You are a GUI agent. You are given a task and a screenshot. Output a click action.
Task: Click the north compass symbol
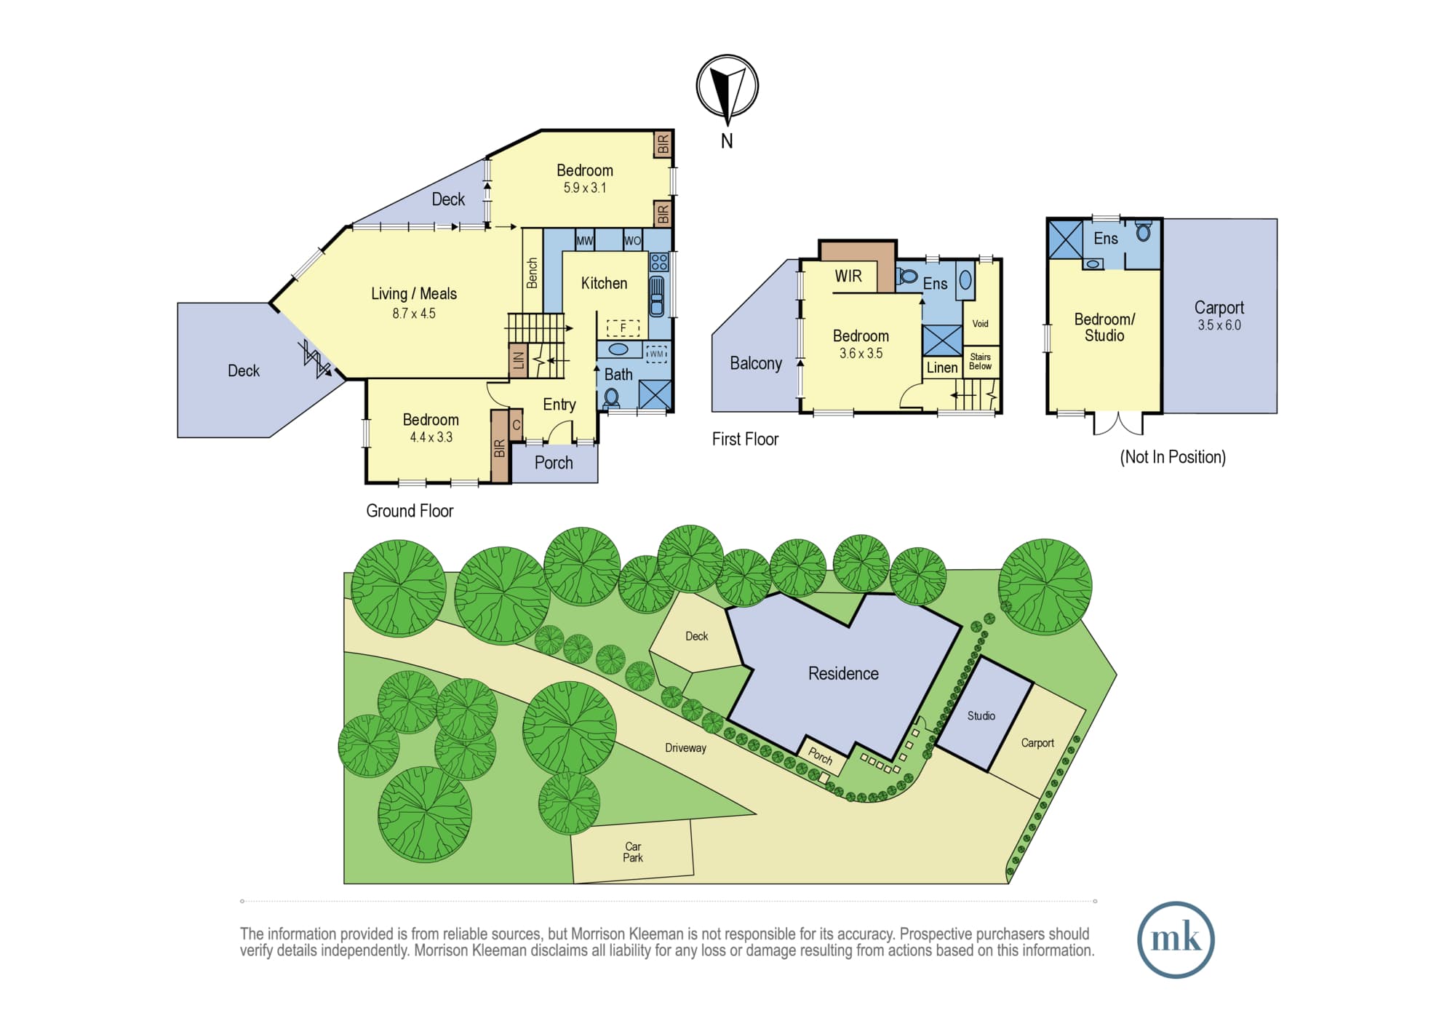click(x=727, y=87)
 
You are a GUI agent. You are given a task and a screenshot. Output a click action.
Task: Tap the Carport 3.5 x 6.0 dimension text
click(x=1219, y=325)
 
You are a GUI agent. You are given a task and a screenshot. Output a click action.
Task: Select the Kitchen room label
click(x=604, y=283)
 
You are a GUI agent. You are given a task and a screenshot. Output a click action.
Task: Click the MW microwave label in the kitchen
click(x=585, y=241)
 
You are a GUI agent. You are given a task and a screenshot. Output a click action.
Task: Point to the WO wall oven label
click(x=633, y=241)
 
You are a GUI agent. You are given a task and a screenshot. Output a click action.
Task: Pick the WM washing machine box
click(x=657, y=354)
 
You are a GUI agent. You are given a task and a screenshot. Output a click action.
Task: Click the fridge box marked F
click(x=623, y=328)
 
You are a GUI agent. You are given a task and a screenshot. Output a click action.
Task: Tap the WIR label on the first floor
click(x=848, y=276)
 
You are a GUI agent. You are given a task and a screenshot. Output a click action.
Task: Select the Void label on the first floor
click(x=981, y=324)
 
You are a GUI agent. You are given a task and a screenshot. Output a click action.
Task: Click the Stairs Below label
click(x=980, y=362)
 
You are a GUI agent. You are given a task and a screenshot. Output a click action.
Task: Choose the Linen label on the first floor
click(x=942, y=368)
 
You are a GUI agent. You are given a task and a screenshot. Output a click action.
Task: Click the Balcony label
click(x=756, y=363)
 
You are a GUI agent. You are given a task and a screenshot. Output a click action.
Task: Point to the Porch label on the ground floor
click(x=554, y=463)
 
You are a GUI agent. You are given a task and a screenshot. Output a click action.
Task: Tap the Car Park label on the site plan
click(x=633, y=852)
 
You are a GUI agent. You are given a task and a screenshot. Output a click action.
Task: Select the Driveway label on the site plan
click(x=685, y=748)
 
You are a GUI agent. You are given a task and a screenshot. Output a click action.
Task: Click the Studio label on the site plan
click(x=981, y=716)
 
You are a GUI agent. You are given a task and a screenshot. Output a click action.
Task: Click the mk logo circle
click(x=1176, y=939)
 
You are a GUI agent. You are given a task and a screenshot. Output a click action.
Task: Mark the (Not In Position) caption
click(x=1173, y=457)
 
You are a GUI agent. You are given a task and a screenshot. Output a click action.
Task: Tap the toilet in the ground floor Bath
click(x=611, y=397)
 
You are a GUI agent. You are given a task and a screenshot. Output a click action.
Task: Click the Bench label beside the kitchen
click(x=532, y=273)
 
